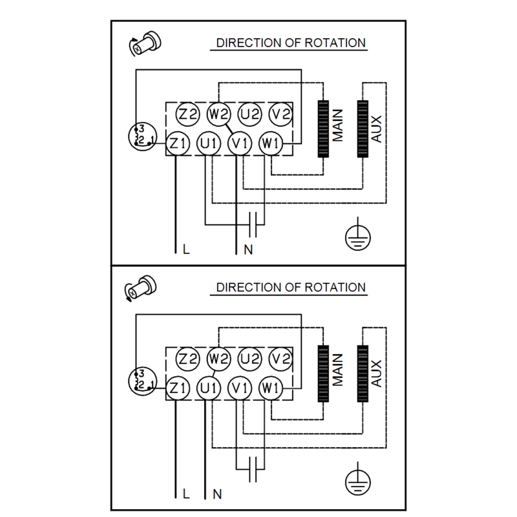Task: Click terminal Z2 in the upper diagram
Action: [187, 114]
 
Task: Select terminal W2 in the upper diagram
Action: [218, 114]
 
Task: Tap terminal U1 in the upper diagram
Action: [209, 143]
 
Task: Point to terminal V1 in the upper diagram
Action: [240, 143]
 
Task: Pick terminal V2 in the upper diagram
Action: [280, 114]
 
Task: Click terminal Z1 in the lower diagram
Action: [178, 388]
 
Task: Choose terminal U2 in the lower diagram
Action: [249, 359]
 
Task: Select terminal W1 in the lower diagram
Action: [271, 388]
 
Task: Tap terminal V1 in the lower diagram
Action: [240, 388]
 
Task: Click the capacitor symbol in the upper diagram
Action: [253, 225]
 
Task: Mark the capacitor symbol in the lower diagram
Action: [253, 469]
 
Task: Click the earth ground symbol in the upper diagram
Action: [358, 235]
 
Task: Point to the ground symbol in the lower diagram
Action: [358, 480]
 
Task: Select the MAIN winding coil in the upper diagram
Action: [323, 129]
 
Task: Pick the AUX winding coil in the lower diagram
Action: [363, 374]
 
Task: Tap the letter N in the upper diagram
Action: [248, 249]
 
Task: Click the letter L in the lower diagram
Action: [186, 494]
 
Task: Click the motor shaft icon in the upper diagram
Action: [145, 43]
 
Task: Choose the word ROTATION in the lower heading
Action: [335, 287]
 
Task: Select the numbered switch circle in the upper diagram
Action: [142, 136]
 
